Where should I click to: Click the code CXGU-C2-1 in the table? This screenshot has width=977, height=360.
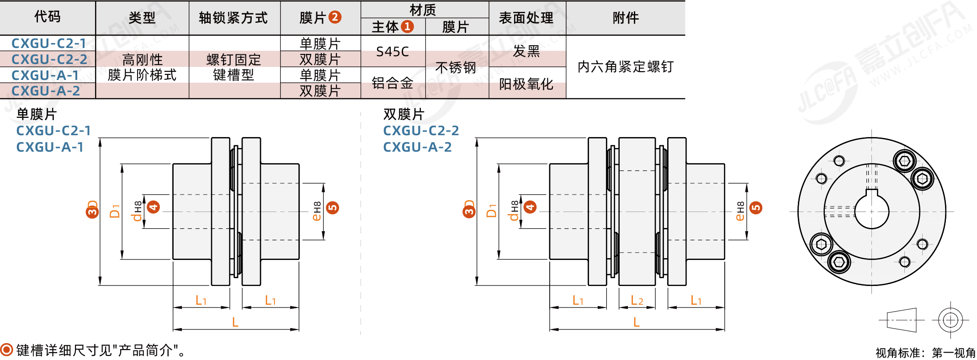[48, 43]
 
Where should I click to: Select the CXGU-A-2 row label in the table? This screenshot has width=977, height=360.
[46, 91]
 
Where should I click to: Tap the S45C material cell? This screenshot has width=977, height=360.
[393, 52]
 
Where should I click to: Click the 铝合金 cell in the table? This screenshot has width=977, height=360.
[393, 83]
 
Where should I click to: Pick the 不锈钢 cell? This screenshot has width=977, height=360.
[456, 68]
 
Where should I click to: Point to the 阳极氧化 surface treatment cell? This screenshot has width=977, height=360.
[526, 84]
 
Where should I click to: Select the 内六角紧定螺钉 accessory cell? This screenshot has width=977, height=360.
[626, 67]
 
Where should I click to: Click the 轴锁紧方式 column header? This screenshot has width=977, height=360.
[234, 18]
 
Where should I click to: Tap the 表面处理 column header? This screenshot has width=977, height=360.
[526, 18]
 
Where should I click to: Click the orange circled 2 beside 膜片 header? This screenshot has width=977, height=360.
[335, 17]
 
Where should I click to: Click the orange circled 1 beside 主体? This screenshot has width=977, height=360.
[407, 26]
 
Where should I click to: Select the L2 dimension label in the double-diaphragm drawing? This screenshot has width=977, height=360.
[637, 300]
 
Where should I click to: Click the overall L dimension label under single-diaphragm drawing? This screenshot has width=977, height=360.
[235, 322]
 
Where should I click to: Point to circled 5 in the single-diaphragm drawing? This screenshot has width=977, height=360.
[333, 208]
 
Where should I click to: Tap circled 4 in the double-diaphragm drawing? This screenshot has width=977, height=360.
[530, 207]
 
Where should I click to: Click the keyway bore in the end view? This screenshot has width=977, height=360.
[872, 211]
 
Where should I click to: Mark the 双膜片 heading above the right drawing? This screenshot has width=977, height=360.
[404, 114]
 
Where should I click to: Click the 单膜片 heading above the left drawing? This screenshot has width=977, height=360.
[37, 114]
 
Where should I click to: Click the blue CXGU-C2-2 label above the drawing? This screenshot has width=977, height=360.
[421, 131]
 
